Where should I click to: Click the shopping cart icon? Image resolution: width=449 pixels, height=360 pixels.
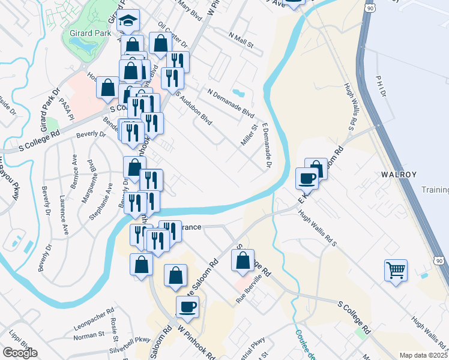pos(396,271)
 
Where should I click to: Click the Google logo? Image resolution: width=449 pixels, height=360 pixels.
pos(20,353)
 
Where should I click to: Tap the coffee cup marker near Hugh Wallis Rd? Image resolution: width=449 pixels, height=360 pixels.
pos(307,179)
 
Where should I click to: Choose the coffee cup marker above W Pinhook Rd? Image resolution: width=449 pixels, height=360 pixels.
pos(187,307)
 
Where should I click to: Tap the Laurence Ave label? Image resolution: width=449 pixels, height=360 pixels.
pos(63,205)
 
